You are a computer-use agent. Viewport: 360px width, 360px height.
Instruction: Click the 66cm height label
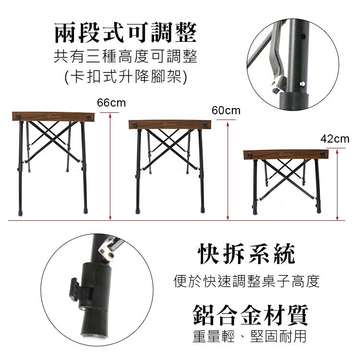(111, 103)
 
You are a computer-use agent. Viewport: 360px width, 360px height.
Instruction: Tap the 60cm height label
(226, 110)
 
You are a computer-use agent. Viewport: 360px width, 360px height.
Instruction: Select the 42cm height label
(335, 139)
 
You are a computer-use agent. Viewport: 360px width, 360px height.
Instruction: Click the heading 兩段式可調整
(126, 33)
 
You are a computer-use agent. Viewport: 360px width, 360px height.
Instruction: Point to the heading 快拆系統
(246, 254)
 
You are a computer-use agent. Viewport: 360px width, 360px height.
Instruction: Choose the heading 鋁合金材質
(250, 315)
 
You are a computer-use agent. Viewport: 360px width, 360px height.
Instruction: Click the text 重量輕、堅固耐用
(250, 336)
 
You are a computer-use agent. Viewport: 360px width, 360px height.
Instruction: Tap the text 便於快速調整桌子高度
(247, 281)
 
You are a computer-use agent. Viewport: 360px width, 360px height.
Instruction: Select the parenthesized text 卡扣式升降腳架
(126, 76)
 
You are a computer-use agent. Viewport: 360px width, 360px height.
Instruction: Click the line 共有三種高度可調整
(126, 57)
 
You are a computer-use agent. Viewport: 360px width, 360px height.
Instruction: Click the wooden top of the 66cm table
(53, 117)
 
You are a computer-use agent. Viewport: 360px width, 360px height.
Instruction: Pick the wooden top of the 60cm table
(170, 124)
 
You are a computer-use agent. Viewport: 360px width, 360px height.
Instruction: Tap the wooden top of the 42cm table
(286, 154)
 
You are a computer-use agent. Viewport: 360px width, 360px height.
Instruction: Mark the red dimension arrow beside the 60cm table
(228, 171)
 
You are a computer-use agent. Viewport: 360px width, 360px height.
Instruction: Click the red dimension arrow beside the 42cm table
(337, 185)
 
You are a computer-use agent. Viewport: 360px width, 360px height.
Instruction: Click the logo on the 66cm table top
(54, 117)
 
